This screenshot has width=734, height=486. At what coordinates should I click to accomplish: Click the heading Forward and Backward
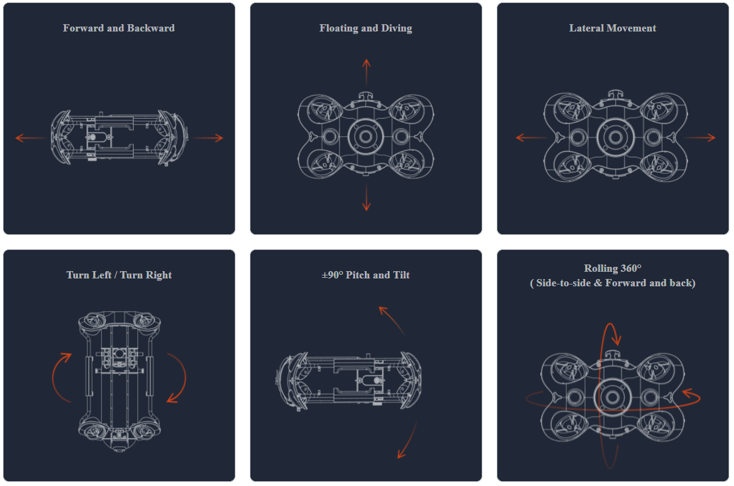click(119, 28)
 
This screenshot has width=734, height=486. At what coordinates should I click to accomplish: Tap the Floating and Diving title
click(365, 28)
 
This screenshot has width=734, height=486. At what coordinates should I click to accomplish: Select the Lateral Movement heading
click(612, 28)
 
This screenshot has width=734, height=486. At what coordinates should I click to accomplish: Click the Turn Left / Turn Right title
click(119, 275)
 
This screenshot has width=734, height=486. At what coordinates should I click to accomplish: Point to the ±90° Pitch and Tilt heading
click(365, 275)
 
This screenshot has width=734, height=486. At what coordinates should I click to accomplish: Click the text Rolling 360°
click(612, 268)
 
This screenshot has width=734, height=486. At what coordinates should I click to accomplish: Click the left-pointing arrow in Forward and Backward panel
click(31, 137)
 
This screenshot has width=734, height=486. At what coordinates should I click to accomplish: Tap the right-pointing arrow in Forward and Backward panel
click(208, 138)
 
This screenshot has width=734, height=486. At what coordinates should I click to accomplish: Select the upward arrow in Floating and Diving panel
click(366, 73)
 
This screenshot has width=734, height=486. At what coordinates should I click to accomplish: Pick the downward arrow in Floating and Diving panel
click(366, 197)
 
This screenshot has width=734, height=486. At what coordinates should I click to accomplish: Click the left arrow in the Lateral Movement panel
click(531, 137)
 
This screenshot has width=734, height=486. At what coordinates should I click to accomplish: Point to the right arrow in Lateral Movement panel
click(700, 137)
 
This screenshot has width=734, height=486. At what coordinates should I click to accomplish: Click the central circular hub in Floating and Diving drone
click(365, 137)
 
